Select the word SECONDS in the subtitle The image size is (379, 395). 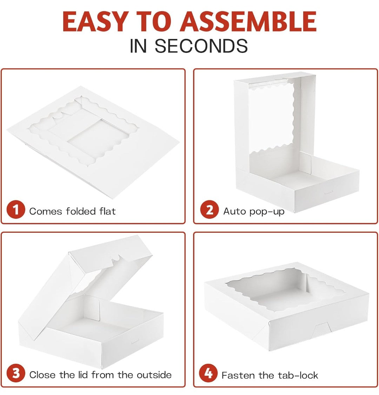pos(201,46)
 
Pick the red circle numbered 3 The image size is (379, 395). pos(16,373)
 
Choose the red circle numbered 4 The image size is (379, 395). pos(208,373)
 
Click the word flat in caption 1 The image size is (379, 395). pos(107,211)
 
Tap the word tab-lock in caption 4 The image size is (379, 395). pos(298,375)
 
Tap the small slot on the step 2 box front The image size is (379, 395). pos(329,193)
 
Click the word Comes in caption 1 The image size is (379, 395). pos(45,211)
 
